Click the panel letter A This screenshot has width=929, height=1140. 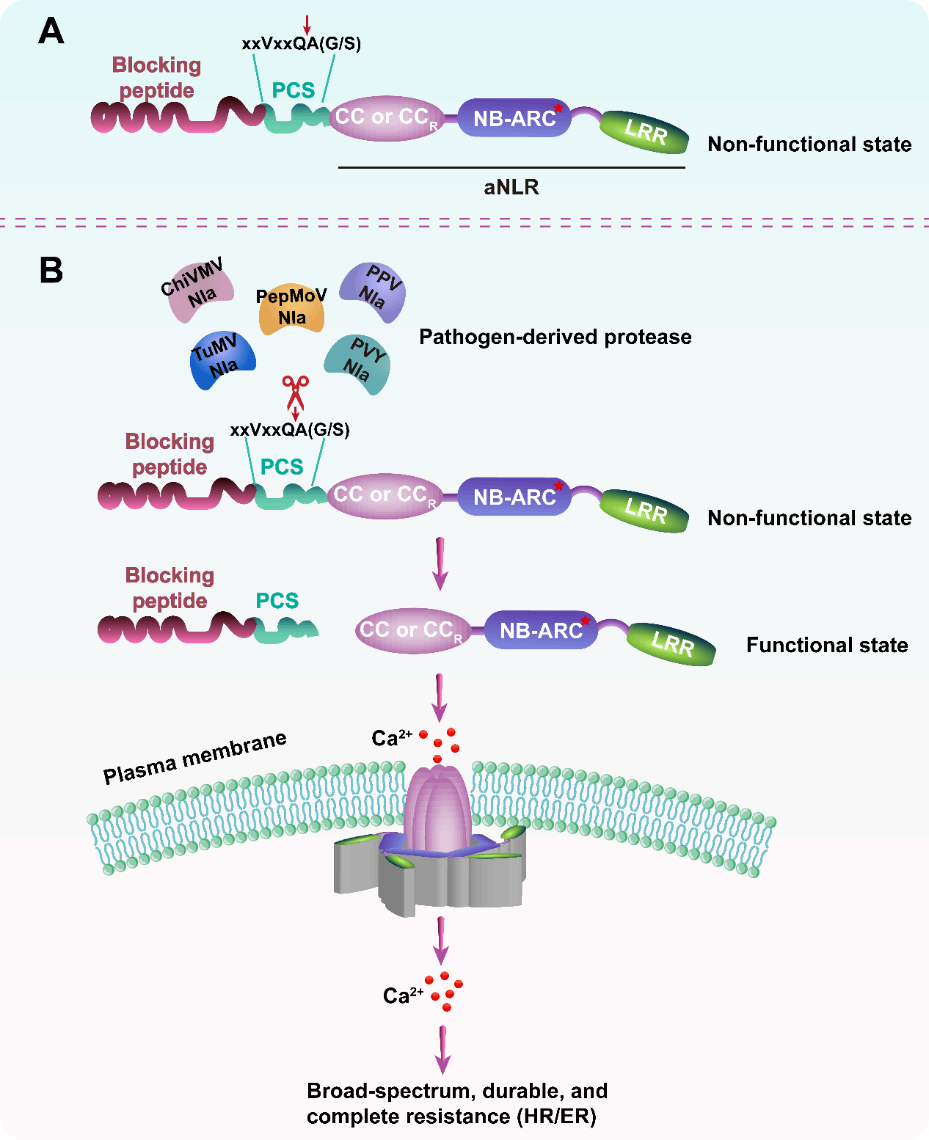pyautogui.click(x=51, y=31)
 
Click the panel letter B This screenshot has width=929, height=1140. pyautogui.click(x=51, y=270)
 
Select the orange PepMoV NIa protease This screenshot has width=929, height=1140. pyautogui.click(x=291, y=308)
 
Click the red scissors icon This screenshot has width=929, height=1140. pyautogui.click(x=295, y=393)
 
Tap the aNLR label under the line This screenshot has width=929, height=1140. pyautogui.click(x=511, y=187)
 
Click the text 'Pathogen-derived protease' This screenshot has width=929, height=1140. pyautogui.click(x=555, y=337)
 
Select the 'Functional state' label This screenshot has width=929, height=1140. pyautogui.click(x=827, y=645)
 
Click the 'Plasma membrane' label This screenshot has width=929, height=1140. pyautogui.click(x=195, y=757)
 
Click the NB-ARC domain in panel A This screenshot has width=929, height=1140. pyautogui.click(x=514, y=117)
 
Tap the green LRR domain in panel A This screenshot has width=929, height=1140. pyautogui.click(x=644, y=131)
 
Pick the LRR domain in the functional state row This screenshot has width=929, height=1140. pyautogui.click(x=671, y=644)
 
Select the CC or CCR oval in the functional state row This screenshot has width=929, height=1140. pyautogui.click(x=412, y=630)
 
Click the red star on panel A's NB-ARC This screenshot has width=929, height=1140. pyautogui.click(x=558, y=108)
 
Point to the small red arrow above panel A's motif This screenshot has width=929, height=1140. pyautogui.click(x=307, y=25)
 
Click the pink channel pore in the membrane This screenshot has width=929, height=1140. pyautogui.click(x=439, y=808)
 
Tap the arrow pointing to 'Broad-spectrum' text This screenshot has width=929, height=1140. pyautogui.click(x=442, y=1050)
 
